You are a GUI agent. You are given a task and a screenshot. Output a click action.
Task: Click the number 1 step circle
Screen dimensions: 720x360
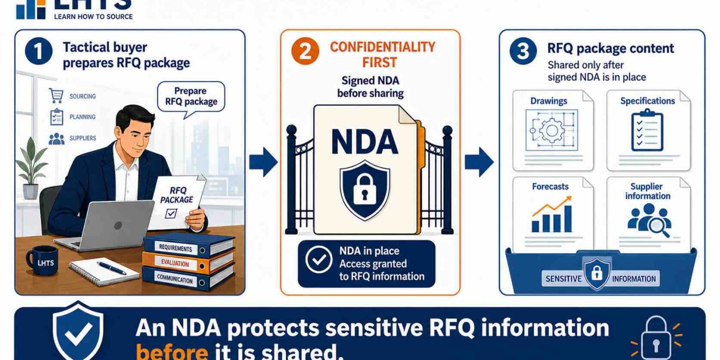[38, 51]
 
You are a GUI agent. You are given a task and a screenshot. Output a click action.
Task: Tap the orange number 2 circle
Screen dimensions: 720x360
[305, 51]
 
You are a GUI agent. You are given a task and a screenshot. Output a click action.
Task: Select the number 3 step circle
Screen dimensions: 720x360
[523, 51]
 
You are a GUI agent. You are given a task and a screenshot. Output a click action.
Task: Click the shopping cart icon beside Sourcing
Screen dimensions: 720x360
[56, 96]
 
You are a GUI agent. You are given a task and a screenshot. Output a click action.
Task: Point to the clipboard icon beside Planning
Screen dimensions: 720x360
[56, 116]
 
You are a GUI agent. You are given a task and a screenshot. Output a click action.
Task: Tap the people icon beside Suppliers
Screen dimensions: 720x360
[56, 138]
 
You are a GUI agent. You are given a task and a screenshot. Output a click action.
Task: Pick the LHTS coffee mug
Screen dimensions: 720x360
[42, 260]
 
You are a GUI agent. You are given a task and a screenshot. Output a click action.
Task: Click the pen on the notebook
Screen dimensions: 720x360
[111, 268]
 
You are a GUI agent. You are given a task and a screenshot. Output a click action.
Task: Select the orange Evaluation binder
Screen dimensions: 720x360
[188, 263]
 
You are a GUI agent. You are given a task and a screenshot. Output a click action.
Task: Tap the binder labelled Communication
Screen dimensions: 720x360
[188, 278]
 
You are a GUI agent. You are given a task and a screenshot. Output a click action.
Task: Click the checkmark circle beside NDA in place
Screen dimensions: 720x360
[318, 259]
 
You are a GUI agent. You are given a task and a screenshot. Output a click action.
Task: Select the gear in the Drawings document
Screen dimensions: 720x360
[551, 130]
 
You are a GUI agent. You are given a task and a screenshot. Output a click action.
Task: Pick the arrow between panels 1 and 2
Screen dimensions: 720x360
[263, 162]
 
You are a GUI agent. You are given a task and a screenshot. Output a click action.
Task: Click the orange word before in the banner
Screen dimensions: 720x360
[172, 351]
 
